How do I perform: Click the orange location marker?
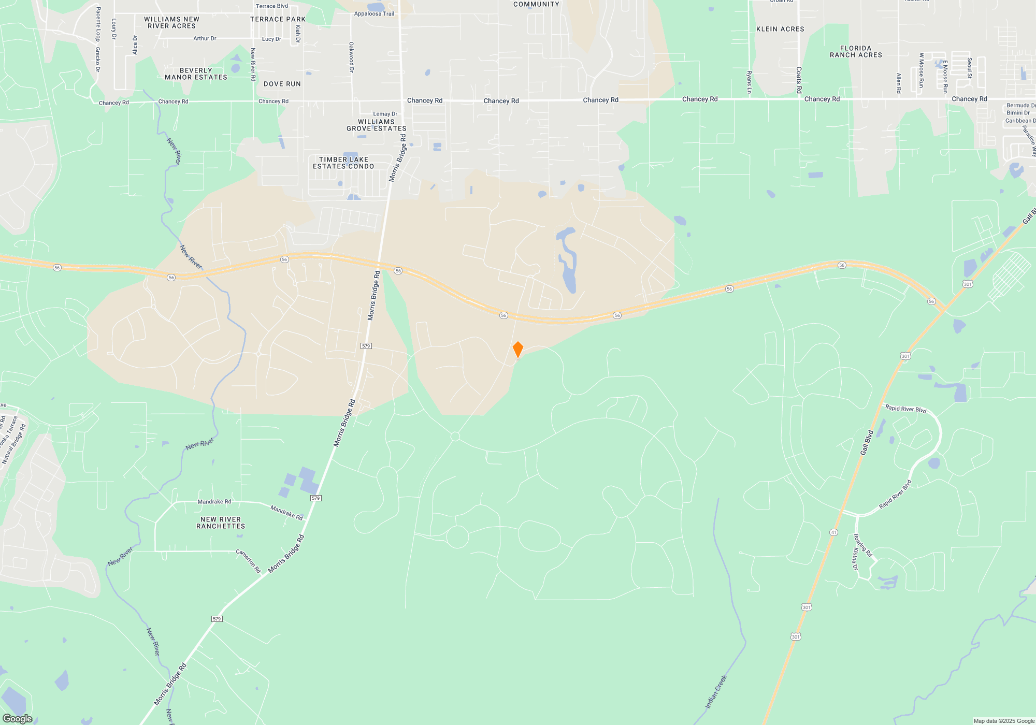point(517,350)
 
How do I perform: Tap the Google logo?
point(17,718)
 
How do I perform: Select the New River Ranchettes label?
point(221,523)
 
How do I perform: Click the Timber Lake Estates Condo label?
point(343,163)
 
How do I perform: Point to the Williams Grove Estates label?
point(377,125)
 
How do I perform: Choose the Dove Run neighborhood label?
point(282,84)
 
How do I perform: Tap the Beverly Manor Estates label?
point(196,74)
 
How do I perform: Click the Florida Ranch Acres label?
point(856,52)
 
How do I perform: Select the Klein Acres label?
point(780,30)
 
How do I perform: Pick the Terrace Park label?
point(278,20)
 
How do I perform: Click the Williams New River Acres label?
point(171,23)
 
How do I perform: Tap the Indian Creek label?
point(716,692)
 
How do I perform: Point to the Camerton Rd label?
point(249,561)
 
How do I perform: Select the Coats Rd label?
point(799,80)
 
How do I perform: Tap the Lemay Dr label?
point(385,114)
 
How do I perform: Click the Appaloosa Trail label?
point(374,14)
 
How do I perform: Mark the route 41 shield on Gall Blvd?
point(833,532)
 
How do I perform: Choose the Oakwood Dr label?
point(351,57)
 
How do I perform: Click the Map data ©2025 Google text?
point(1004,721)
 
